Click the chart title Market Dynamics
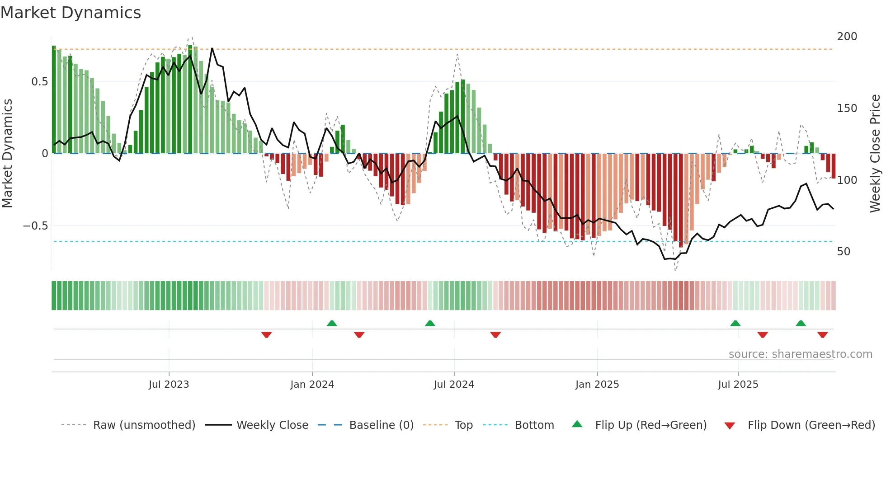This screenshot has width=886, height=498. (x=71, y=13)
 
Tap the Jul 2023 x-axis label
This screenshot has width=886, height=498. (x=169, y=385)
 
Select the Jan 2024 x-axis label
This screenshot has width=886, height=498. (x=312, y=385)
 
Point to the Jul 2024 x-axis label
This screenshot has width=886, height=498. (x=454, y=385)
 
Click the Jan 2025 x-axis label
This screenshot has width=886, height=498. (x=597, y=385)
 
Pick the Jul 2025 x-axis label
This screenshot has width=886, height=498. (x=738, y=385)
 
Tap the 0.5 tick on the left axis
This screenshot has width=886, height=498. (x=39, y=82)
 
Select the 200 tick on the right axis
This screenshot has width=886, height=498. (x=847, y=37)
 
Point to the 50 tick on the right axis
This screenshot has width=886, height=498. (x=844, y=252)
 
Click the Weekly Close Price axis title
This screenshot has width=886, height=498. (x=875, y=154)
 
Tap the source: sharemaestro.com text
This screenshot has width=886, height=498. (x=800, y=354)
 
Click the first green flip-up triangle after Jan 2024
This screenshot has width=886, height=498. (x=332, y=323)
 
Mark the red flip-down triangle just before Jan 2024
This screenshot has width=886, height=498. (x=266, y=335)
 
